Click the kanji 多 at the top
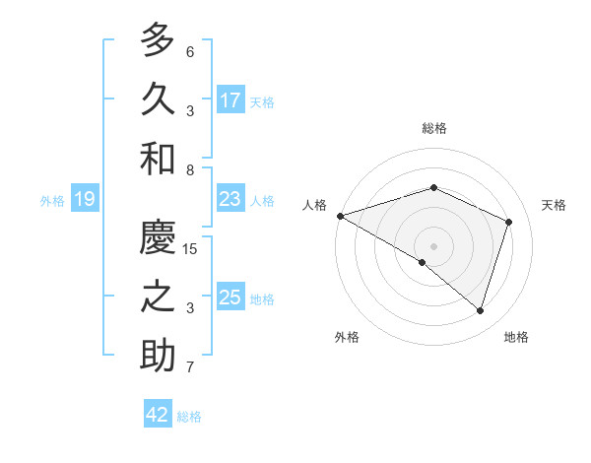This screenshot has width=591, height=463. coord(159,42)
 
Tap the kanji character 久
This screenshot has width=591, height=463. coord(159,100)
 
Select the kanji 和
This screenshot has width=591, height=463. coord(159,159)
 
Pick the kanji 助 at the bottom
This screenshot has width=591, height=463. coord(159,356)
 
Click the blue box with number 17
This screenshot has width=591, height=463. coord(230,100)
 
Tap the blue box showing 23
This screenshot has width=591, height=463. coord(230,199)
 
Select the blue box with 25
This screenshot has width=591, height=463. coord(230,298)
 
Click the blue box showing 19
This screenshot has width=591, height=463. coord(85,200)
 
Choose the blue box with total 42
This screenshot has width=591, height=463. coord(158,415)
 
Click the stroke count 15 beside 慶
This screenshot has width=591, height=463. coord(191,249)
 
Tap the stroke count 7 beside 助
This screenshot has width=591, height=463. coord(190,367)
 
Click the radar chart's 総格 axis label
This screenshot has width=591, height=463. coord(434,128)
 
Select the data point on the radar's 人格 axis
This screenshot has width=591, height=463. coord(340,215)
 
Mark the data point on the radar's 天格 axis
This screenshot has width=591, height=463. coord(509,222)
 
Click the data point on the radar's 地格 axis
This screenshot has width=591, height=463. coord(481,310)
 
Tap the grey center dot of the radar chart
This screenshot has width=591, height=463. coord(434,245)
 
